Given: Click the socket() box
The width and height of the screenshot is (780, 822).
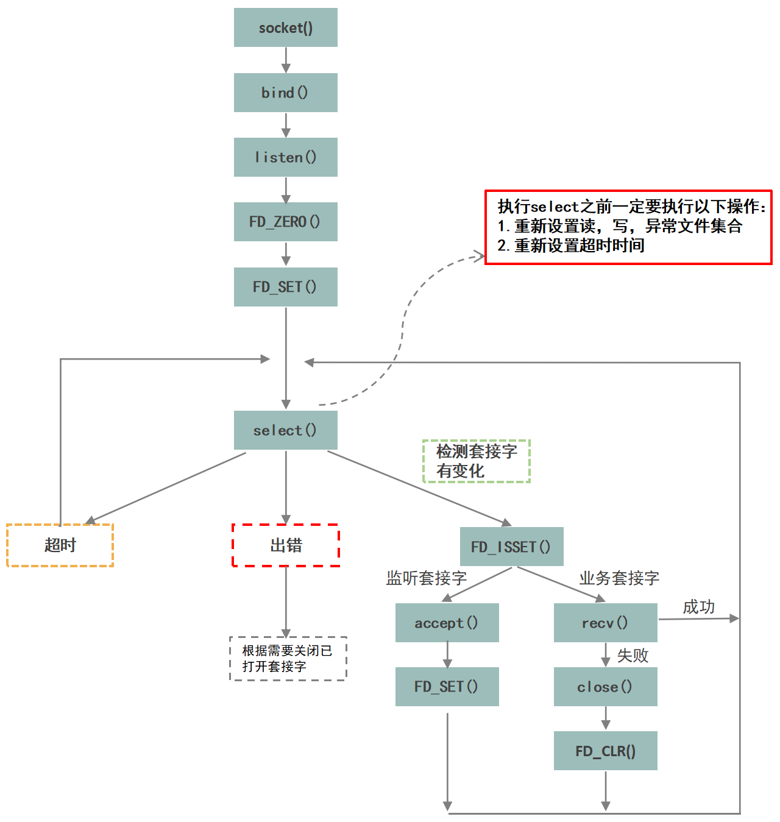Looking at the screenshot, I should click(x=285, y=27).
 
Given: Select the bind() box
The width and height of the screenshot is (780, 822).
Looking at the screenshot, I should click(x=285, y=93).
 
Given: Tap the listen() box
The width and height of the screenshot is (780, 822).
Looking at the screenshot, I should click(x=285, y=157).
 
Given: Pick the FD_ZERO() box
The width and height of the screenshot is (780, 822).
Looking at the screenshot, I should click(x=285, y=222).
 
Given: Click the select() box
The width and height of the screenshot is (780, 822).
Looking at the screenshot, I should click(x=285, y=430).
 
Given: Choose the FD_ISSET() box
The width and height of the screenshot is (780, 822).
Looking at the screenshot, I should click(x=511, y=547).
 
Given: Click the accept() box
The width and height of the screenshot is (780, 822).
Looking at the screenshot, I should click(x=447, y=623).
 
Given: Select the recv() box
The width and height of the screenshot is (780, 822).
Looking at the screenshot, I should click(x=605, y=623).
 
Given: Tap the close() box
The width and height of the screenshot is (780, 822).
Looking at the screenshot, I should click(x=605, y=687).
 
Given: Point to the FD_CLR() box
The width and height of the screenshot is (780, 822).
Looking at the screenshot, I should click(x=605, y=751).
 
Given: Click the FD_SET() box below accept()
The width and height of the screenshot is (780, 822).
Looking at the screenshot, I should click(x=447, y=687).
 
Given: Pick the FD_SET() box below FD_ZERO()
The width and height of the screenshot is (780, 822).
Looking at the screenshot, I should click(x=285, y=286).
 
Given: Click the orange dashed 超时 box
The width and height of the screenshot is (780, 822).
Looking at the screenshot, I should click(x=60, y=545).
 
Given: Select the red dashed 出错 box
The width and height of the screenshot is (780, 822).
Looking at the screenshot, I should click(x=286, y=545).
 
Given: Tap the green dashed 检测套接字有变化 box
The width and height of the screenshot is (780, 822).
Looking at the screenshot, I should click(x=477, y=461).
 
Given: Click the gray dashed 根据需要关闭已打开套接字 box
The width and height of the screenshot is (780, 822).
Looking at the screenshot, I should click(x=288, y=659).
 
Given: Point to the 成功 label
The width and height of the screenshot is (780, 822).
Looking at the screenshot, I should click(x=698, y=607).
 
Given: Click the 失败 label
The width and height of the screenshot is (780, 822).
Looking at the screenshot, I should click(x=633, y=656).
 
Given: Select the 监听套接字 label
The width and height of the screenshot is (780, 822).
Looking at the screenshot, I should click(x=427, y=578).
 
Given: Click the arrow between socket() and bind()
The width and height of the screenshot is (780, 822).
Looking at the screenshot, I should click(x=286, y=60).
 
